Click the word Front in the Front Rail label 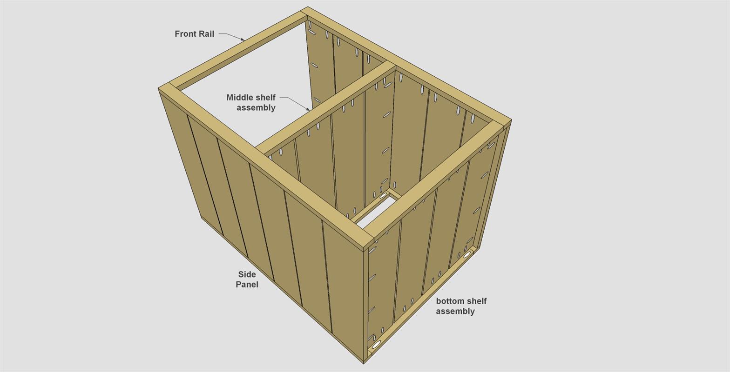tap(185, 34)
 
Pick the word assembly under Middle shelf tap(256, 108)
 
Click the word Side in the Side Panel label tap(247, 274)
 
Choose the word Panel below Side tap(247, 285)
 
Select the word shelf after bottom tap(476, 301)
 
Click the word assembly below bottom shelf tap(455, 312)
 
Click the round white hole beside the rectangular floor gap tap(383, 196)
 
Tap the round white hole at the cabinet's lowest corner tap(376, 344)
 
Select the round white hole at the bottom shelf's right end tap(467, 255)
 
